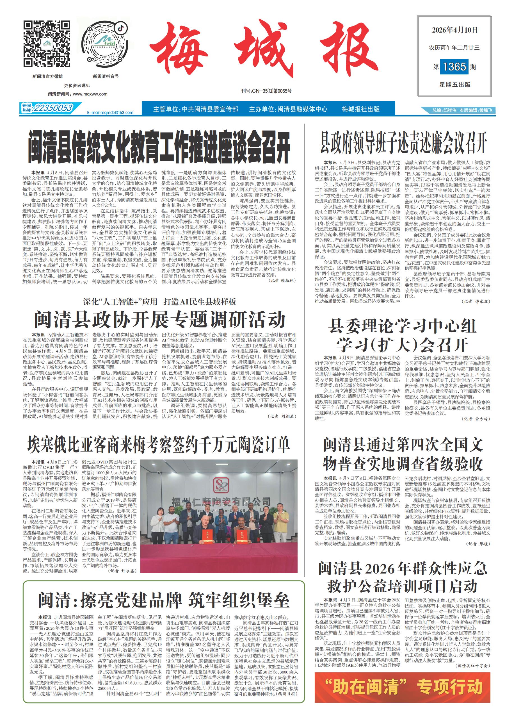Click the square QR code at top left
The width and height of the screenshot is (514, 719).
click(47, 44)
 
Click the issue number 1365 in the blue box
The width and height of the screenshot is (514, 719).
click(454, 67)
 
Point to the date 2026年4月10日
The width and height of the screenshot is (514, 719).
click(454, 30)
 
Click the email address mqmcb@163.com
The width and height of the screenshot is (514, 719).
click(110, 112)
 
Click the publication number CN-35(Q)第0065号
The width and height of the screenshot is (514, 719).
click(266, 91)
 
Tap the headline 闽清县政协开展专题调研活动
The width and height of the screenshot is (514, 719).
click(160, 320)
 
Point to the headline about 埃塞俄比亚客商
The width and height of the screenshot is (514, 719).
click(158, 445)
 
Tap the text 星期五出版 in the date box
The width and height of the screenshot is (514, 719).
click(454, 85)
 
